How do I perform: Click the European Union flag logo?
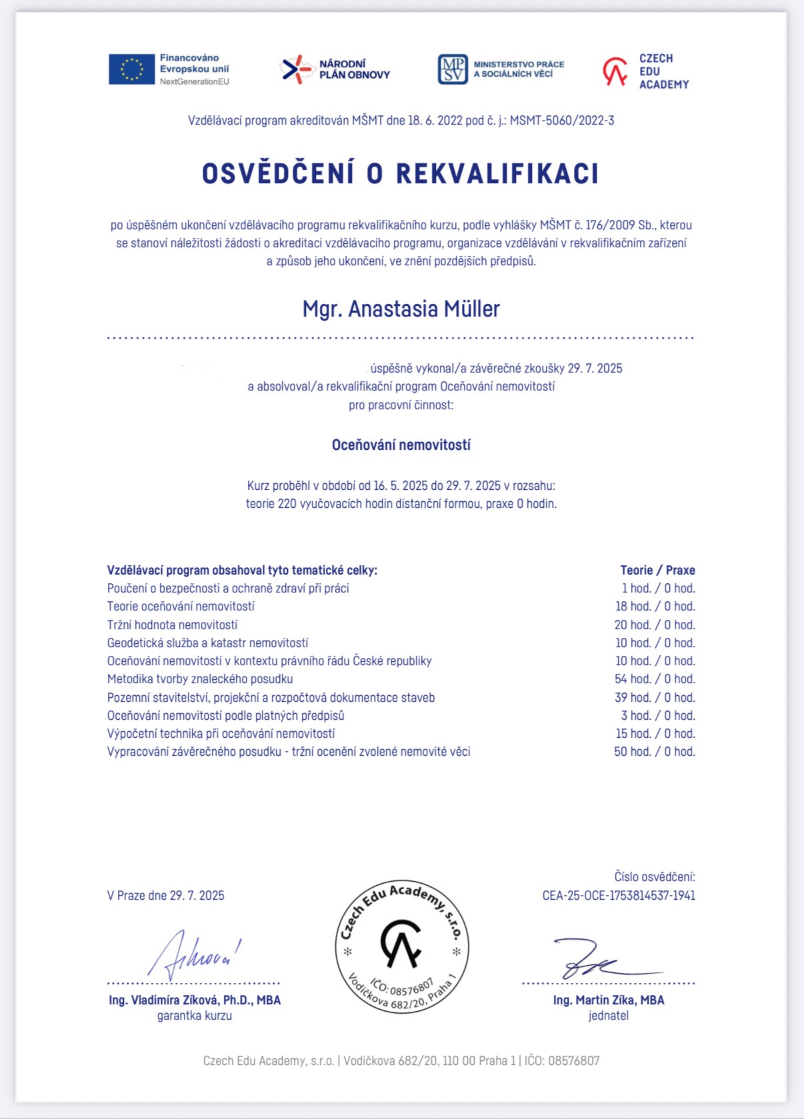point(131,69)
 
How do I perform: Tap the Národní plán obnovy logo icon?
point(296,69)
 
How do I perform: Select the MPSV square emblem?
point(453,69)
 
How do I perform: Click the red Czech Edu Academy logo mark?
point(615,71)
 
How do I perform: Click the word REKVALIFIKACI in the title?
point(497,174)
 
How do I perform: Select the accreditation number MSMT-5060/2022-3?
point(562,121)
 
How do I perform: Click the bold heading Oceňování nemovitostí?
point(401,445)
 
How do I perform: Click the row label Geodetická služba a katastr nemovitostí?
point(207,643)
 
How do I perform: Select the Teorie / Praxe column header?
point(657,570)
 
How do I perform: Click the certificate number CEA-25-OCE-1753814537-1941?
point(619,896)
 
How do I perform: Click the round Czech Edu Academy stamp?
point(402,946)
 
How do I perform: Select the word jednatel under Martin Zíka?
point(608,1016)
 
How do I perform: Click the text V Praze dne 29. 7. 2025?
point(165,896)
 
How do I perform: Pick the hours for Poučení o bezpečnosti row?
point(658,588)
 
